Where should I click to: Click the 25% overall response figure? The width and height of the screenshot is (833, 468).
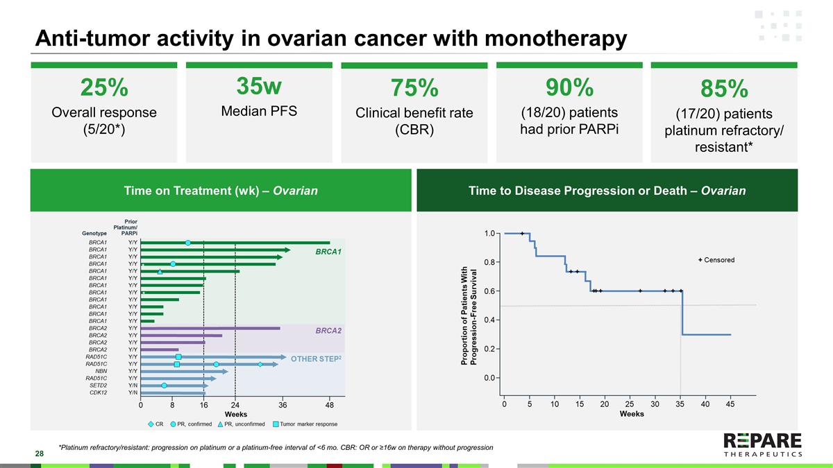(x=104, y=88)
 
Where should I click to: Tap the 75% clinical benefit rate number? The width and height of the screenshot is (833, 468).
(x=414, y=89)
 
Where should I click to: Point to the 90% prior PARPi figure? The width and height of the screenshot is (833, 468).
(x=569, y=87)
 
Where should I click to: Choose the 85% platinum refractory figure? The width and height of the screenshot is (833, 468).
(x=724, y=89)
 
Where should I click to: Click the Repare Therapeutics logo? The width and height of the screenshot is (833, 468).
(x=762, y=445)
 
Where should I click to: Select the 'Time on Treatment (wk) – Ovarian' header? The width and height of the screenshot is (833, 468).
(x=220, y=191)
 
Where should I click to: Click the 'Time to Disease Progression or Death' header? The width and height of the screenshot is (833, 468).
(x=607, y=191)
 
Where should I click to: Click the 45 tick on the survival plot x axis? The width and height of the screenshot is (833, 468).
(x=730, y=404)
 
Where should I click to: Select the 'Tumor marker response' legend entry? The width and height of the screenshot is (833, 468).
(x=308, y=424)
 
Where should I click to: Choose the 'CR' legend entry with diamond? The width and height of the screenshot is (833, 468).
(x=155, y=424)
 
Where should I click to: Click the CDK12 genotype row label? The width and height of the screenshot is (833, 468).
(x=97, y=392)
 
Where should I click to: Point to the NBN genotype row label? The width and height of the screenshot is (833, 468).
(x=97, y=371)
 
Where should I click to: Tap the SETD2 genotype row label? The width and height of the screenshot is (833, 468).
(x=97, y=385)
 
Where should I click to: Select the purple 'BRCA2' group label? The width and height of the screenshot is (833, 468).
(x=328, y=331)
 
